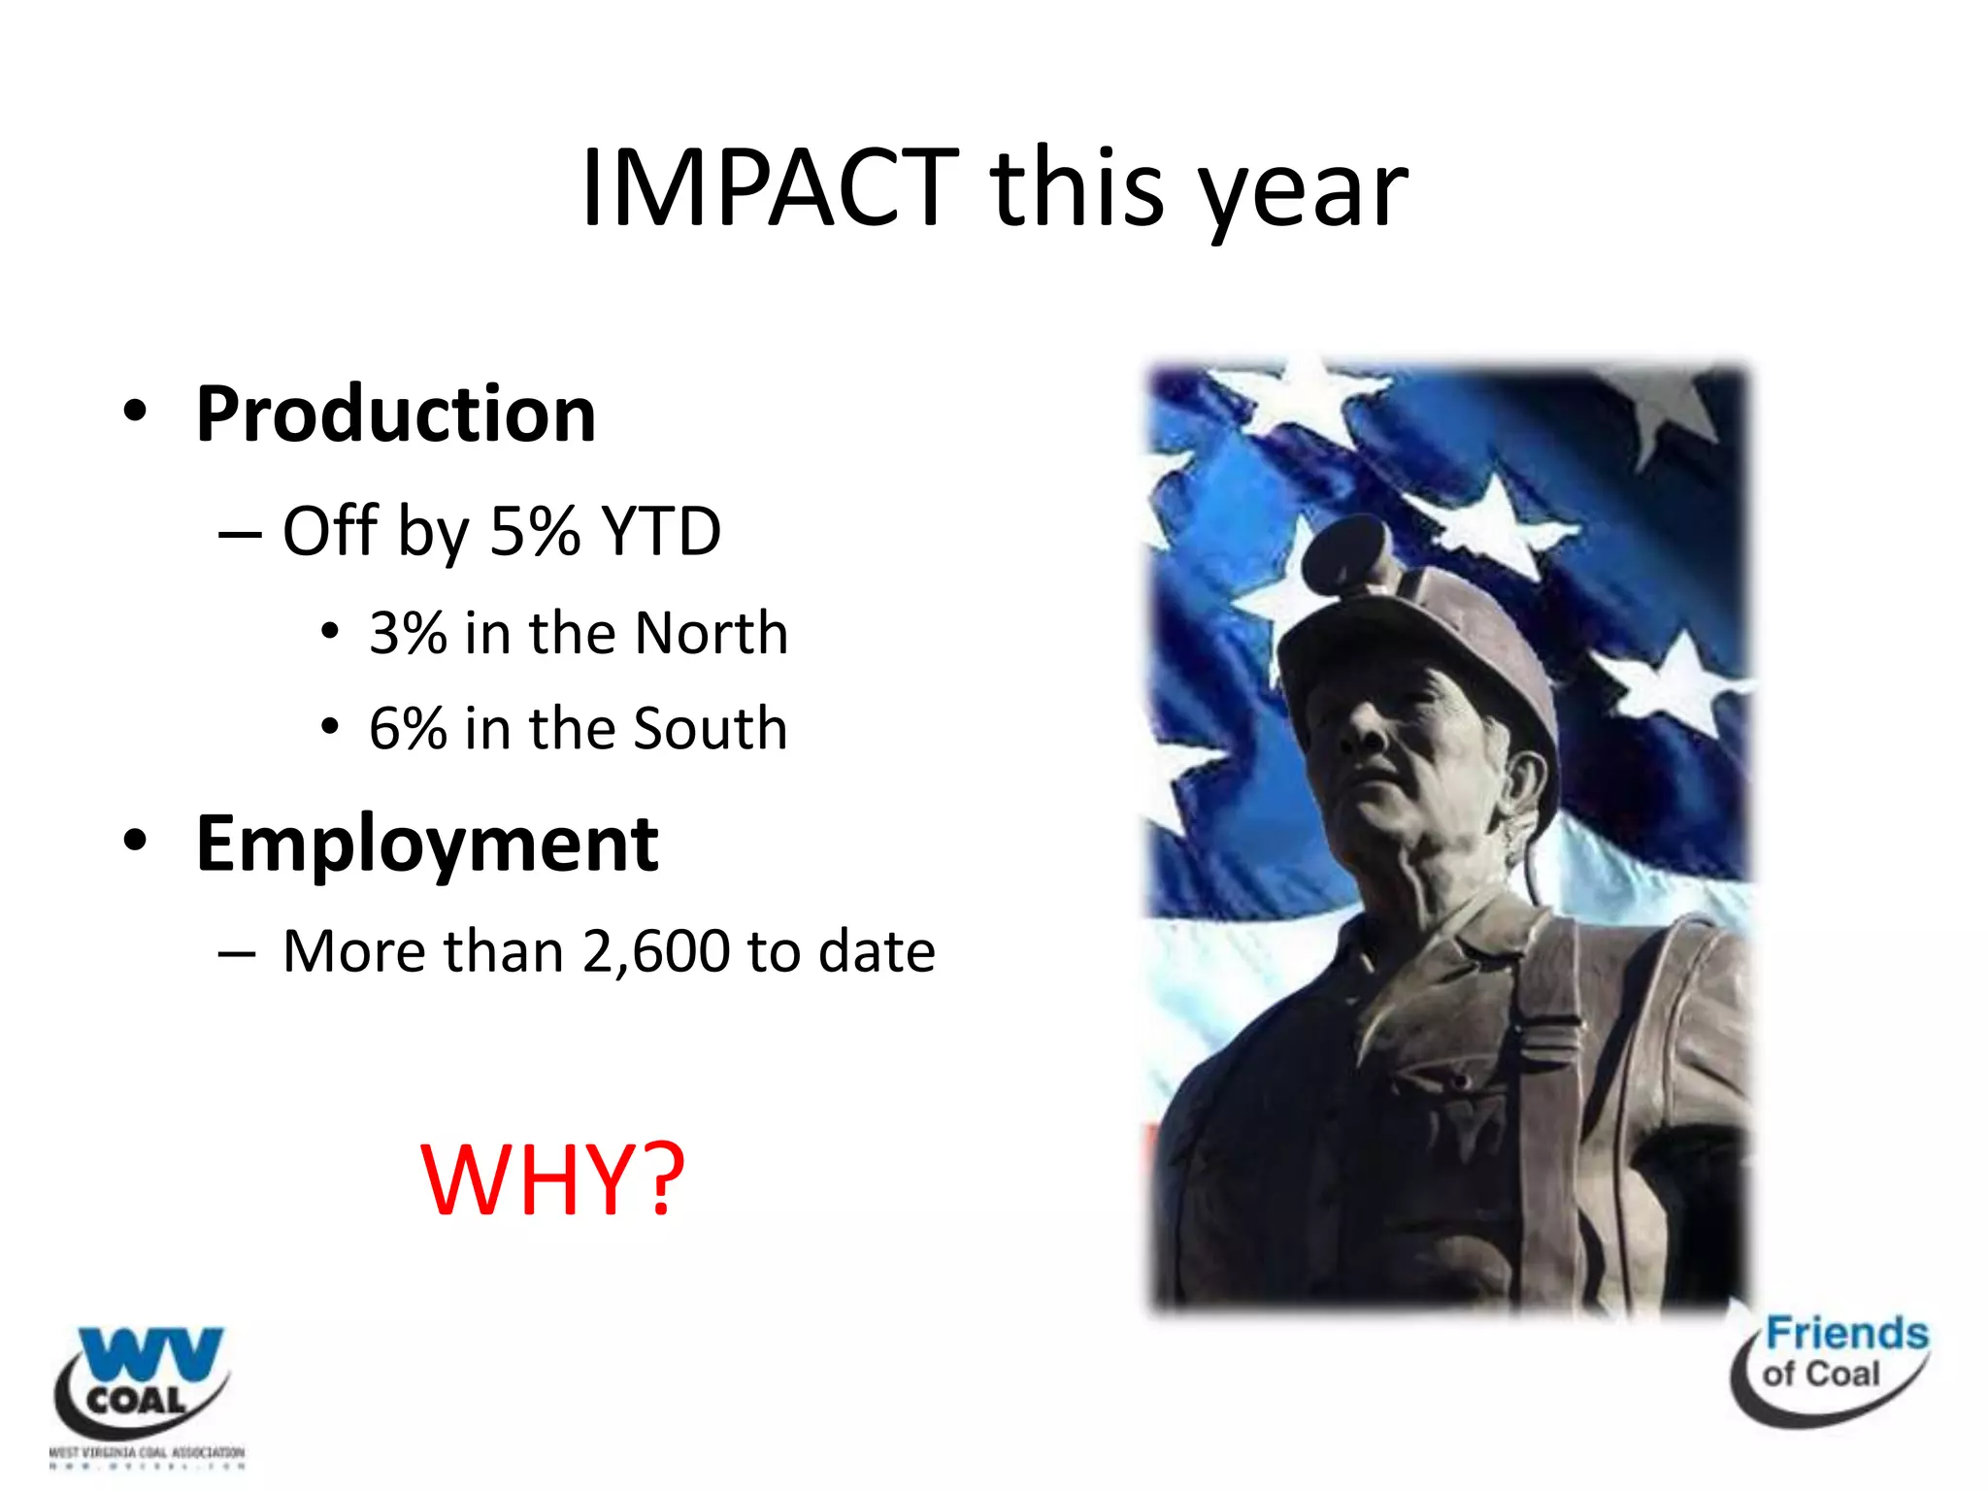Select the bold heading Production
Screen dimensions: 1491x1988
click(395, 414)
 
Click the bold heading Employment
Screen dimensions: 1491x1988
click(427, 845)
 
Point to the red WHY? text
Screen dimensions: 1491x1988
click(552, 1179)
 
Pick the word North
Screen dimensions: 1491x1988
click(711, 634)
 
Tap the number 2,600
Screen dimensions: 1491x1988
click(656, 951)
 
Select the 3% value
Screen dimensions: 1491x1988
click(408, 634)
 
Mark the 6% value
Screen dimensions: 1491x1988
click(408, 728)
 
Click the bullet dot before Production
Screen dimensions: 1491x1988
click(136, 412)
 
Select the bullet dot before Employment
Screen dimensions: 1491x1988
click(136, 840)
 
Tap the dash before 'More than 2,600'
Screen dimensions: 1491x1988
click(238, 953)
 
